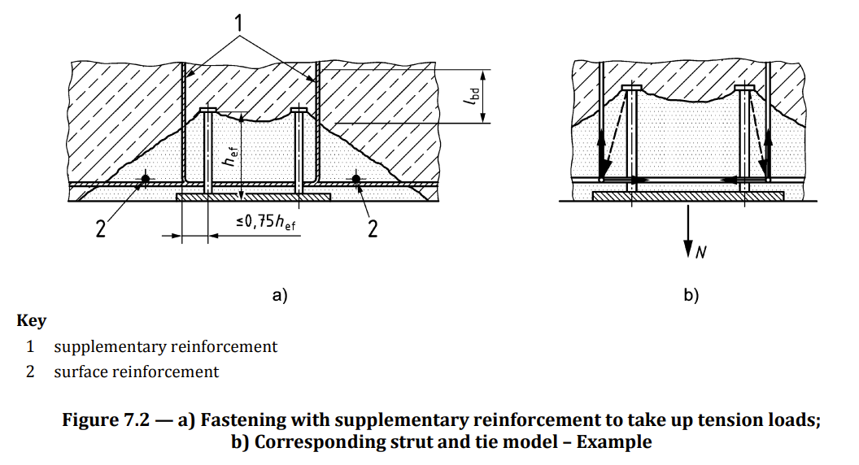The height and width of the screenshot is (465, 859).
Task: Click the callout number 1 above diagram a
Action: [239, 23]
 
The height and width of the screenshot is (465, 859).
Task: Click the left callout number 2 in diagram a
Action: [102, 228]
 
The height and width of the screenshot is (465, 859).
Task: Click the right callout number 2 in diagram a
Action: [373, 228]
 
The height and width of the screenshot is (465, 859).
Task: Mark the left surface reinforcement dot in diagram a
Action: [145, 178]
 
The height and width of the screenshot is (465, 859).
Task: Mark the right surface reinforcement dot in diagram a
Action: [355, 178]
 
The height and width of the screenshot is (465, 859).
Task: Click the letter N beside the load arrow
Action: [700, 254]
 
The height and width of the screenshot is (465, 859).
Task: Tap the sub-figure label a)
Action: [281, 296]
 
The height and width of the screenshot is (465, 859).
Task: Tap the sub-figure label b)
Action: [691, 296]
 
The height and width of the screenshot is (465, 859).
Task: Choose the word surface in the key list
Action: [81, 372]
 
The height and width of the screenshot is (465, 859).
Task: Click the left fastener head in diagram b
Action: [631, 88]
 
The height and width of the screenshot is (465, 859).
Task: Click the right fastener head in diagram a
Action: [299, 110]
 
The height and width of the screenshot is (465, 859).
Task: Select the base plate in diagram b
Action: [688, 196]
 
